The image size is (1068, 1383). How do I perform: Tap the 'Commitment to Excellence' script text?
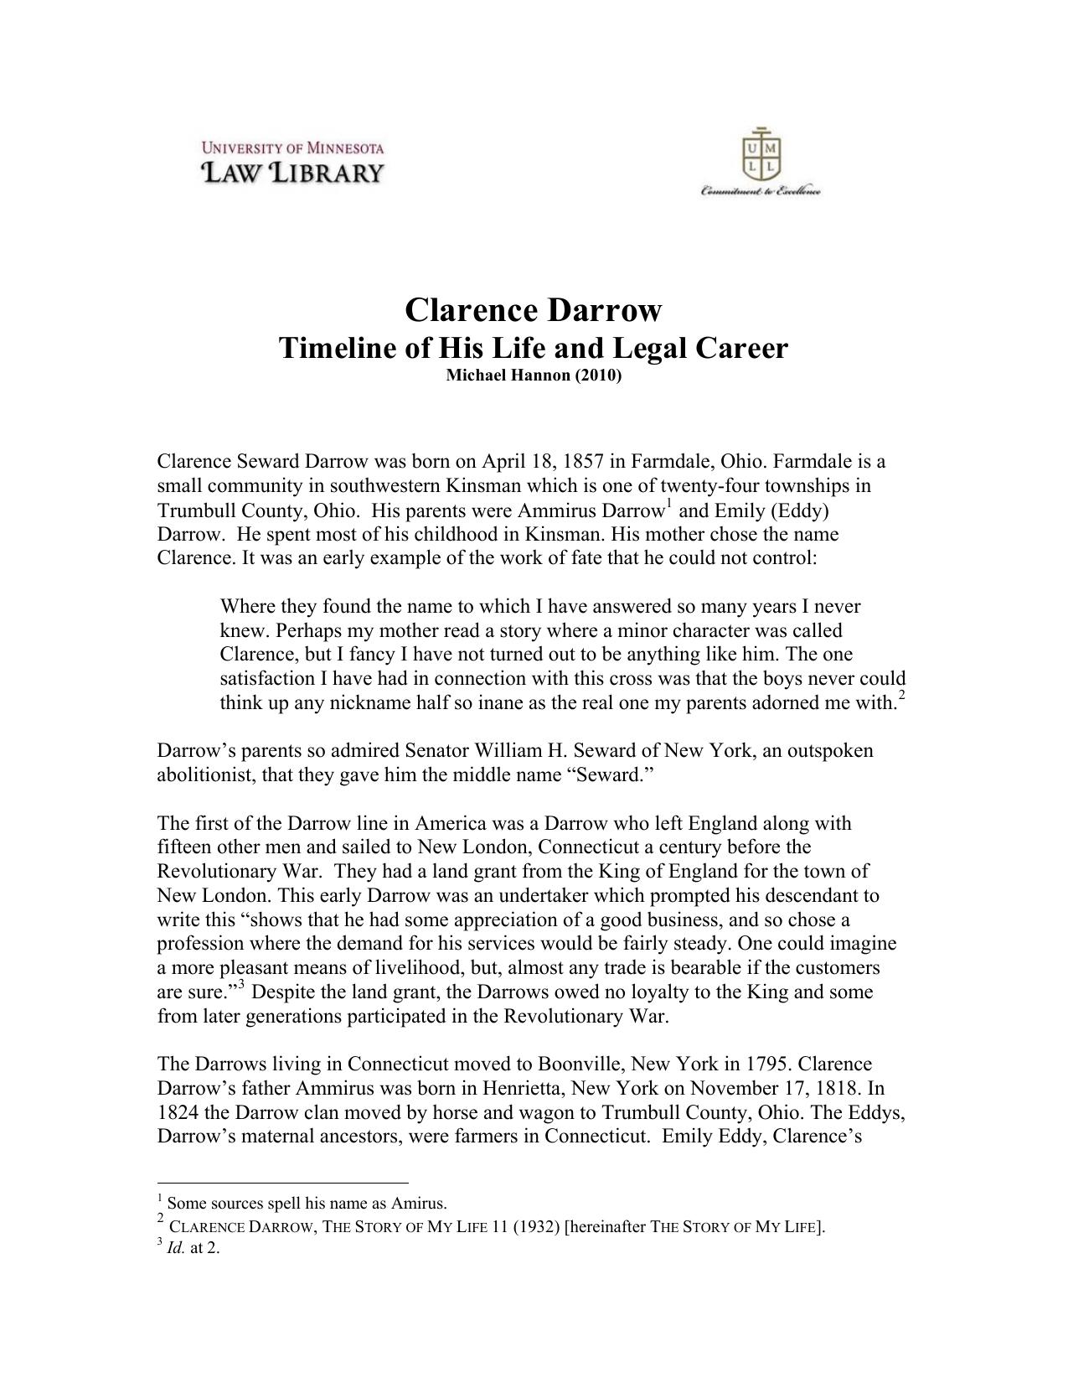coord(761,192)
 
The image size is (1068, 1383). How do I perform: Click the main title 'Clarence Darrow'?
coord(533,310)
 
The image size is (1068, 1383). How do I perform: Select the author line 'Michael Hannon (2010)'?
coord(534,376)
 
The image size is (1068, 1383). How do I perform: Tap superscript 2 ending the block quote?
coord(901,695)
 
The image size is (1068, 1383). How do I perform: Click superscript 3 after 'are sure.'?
coord(241,984)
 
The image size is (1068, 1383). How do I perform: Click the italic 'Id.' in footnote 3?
coord(175,1248)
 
